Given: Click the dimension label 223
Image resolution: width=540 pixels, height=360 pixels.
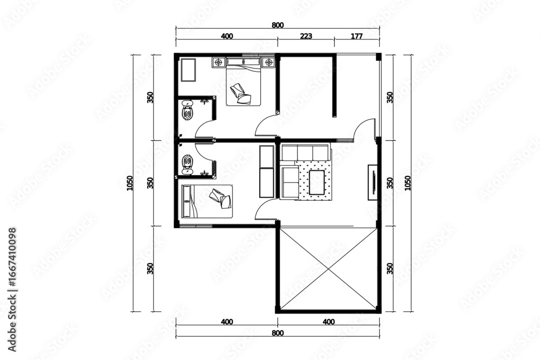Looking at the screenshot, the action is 306,36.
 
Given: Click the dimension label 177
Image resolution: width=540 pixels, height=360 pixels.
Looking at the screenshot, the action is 356,36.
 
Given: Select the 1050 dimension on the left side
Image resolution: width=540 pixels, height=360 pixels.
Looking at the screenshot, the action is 130,183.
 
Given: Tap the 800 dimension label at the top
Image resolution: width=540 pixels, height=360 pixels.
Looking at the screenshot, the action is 278,25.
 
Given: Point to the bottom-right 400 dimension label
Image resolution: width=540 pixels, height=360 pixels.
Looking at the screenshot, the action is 328,322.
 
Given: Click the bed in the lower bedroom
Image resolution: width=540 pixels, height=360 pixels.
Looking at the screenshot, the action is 207,201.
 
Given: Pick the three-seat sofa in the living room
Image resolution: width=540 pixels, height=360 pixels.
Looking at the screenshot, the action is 306,152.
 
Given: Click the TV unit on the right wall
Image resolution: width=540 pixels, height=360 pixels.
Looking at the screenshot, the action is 373,182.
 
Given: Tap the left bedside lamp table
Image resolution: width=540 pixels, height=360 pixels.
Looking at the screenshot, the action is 218,62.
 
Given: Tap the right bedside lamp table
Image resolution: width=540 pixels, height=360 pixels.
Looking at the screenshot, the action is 268,62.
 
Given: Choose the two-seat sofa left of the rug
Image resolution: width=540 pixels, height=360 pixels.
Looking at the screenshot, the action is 289,183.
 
